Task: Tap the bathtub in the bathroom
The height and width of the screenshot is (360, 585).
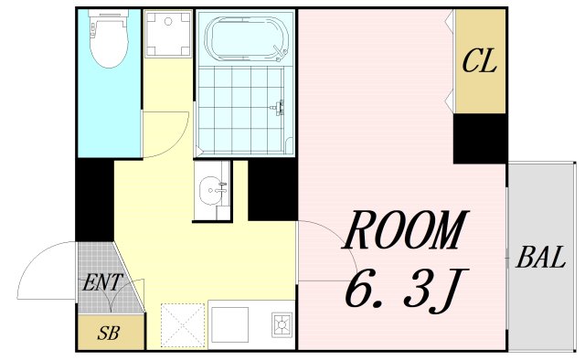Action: point(247,38)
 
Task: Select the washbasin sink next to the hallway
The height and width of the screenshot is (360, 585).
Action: point(211,191)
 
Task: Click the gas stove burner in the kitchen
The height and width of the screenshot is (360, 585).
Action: point(282,323)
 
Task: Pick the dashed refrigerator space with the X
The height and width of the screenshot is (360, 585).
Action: point(183,326)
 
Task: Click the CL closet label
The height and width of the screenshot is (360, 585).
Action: point(480,61)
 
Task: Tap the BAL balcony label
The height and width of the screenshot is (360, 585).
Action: point(541,258)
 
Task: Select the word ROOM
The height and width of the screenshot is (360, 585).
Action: point(405,230)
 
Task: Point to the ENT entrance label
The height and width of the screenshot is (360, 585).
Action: point(102,282)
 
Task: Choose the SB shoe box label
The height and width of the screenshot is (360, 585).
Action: point(109,334)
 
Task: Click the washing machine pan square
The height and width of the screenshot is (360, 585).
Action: point(168,34)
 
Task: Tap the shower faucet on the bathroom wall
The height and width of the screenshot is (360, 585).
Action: point(278,108)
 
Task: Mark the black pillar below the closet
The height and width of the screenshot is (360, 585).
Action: point(481,139)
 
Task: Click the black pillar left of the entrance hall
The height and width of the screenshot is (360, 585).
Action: point(95,200)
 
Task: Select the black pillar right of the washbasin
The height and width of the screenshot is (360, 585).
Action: point(272,190)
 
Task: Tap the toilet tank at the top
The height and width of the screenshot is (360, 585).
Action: point(108,14)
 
